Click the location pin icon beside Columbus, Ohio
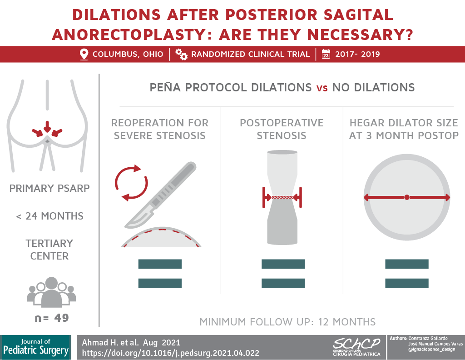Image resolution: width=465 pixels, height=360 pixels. (84, 55)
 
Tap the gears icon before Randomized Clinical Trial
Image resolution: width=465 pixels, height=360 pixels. (181, 54)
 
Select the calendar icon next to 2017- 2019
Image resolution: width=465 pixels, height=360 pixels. (326, 54)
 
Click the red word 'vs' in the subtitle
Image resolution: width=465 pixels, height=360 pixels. (322, 88)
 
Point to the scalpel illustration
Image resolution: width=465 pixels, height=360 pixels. (160, 195)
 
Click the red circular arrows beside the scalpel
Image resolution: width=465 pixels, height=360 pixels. (131, 183)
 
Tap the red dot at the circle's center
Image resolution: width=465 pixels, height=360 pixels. (407, 197)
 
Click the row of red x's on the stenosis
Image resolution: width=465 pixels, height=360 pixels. (282, 197)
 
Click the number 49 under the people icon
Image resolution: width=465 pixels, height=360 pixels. (62, 318)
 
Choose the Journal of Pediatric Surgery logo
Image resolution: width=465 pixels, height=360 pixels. (36, 347)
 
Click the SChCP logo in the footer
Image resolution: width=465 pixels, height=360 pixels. (356, 347)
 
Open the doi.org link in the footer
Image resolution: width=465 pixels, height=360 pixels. (171, 353)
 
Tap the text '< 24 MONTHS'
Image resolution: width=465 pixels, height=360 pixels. (50, 216)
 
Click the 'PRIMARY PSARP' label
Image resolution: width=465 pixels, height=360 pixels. (49, 188)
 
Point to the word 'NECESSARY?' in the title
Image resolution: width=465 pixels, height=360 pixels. (360, 35)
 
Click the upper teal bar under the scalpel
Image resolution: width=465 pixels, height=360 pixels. (160, 264)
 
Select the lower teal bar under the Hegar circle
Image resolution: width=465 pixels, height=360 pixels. (407, 283)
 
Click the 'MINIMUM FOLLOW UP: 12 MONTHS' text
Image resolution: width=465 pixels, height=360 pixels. (287, 322)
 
